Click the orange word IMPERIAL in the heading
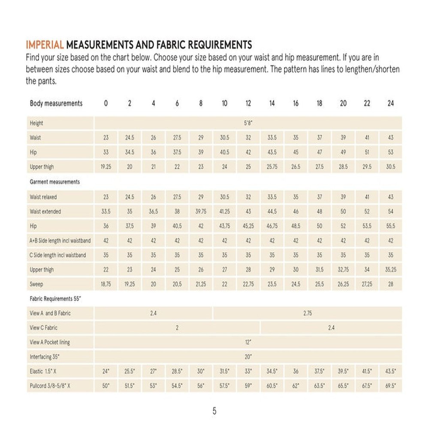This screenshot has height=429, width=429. (x=45, y=45)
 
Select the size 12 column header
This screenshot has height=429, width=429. (x=248, y=103)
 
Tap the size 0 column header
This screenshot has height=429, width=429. (x=106, y=103)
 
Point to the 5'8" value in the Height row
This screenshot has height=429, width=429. (x=248, y=123)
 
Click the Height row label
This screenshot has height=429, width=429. (x=36, y=123)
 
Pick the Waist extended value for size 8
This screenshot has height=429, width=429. (x=201, y=211)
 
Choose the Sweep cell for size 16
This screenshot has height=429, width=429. (x=296, y=284)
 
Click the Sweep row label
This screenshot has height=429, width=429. (x=36, y=284)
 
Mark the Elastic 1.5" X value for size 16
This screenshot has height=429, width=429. (x=296, y=372)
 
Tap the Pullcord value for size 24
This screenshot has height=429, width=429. (x=390, y=386)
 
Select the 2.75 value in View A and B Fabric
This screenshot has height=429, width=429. (x=308, y=313)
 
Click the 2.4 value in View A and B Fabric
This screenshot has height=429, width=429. (x=153, y=313)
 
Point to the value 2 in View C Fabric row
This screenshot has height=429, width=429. (x=177, y=328)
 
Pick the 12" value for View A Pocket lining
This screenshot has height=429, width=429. (x=248, y=342)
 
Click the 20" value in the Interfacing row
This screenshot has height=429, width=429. (x=248, y=357)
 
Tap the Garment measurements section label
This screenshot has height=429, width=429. (x=54, y=182)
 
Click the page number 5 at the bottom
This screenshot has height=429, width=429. (x=214, y=411)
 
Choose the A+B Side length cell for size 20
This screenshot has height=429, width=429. (x=343, y=241)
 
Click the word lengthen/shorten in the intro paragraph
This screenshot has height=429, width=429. (x=371, y=69)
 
